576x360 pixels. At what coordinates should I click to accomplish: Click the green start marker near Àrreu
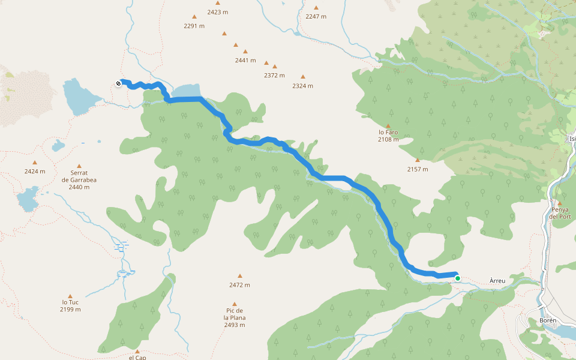pos(458,278)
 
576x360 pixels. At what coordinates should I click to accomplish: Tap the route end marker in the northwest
pos(118,84)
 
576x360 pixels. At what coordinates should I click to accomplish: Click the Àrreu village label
pos(502,281)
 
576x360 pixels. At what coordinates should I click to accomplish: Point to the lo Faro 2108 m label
pos(388,136)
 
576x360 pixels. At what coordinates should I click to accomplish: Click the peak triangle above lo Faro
pos(388,126)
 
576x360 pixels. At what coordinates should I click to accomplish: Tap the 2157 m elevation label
pos(417,169)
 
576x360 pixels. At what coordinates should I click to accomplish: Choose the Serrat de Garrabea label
pos(79,179)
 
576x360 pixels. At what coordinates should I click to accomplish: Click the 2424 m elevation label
pos(35,172)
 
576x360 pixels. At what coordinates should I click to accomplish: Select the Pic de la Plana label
pos(235,317)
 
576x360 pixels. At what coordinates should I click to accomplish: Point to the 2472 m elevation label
pos(239,285)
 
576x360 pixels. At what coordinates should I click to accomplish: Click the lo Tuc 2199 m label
pos(70,306)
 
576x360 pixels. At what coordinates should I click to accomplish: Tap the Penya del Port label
pos(559,213)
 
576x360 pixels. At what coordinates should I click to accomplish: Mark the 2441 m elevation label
pos(245,61)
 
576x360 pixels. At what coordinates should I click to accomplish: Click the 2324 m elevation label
pos(302,86)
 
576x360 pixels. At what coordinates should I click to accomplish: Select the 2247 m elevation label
pos(316,17)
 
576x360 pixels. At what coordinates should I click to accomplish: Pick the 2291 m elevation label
pos(194,26)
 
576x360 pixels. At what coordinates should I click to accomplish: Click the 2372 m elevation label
pos(274,76)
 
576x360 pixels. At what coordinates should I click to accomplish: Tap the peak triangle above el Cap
pos(137,351)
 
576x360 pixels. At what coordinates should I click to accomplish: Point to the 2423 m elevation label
pos(217,12)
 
